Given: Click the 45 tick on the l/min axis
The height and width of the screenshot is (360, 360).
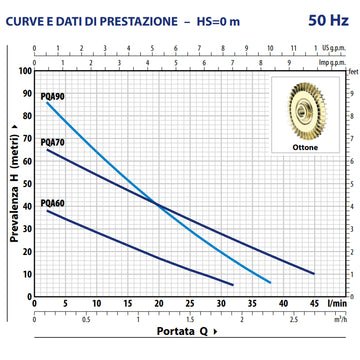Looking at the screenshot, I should tap(313, 304).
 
